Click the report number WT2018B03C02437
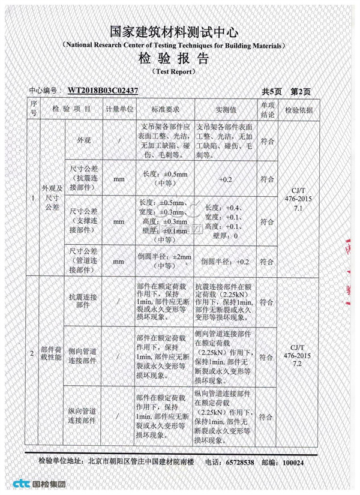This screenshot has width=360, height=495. click(x=103, y=91)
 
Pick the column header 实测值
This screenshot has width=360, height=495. click(x=226, y=110)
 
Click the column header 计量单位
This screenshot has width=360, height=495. click(x=119, y=110)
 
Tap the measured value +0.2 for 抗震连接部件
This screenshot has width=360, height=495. click(x=226, y=179)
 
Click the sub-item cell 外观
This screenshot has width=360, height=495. click(x=84, y=141)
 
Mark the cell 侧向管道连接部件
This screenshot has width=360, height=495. click(x=84, y=355)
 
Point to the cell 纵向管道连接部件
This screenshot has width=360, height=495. click(x=84, y=414)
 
